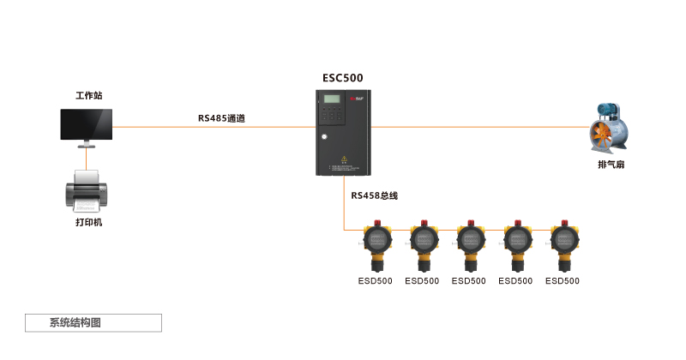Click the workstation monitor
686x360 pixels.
point(86,125)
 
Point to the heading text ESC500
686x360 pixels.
point(342,77)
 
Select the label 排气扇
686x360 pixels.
point(611,164)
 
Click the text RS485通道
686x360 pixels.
point(221,118)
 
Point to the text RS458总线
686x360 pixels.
point(374,195)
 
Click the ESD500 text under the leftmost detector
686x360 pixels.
point(375,280)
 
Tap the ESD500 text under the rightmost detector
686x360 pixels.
point(562,280)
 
